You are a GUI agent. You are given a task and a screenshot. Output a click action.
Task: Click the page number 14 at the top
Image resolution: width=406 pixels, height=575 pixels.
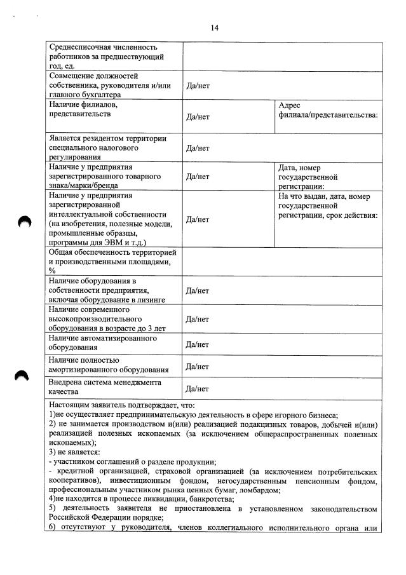pos(214,27)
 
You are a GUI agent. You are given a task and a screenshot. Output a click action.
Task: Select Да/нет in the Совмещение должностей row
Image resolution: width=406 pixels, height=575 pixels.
pos(198,86)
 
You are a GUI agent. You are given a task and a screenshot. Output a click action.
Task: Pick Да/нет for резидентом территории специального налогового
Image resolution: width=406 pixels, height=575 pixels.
pos(198,148)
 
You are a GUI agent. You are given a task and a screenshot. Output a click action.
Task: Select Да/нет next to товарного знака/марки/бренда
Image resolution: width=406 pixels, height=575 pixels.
pos(198,177)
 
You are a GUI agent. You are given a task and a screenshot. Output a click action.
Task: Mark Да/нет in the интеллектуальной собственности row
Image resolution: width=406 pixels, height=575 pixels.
pos(198,219)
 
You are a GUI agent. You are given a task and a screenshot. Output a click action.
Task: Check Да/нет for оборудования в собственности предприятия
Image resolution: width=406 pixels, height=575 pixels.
pos(198,291)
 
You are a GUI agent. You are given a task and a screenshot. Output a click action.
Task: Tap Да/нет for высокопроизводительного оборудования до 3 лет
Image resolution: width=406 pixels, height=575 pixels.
pos(198,320)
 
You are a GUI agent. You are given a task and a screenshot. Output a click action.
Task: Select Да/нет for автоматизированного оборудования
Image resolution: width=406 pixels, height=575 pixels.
pos(198,344)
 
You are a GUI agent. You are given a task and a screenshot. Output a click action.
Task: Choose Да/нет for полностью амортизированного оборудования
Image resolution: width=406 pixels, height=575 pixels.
pos(198,367)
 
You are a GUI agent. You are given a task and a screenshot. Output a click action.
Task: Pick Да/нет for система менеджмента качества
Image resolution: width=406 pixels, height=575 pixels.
pos(198,388)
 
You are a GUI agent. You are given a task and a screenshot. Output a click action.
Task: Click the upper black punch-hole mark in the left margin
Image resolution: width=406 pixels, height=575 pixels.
pos(24,221)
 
